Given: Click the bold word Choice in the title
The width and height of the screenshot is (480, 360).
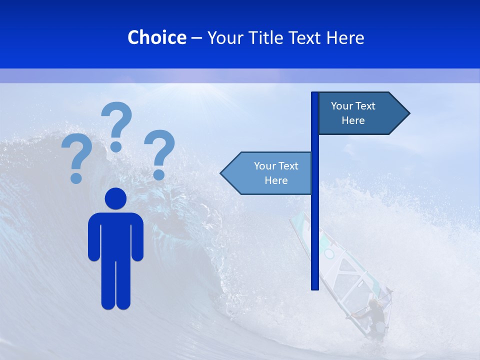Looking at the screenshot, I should point(156,37).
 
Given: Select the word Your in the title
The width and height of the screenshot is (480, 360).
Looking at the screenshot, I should point(225,37).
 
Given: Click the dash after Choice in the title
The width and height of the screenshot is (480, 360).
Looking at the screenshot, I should point(196,38).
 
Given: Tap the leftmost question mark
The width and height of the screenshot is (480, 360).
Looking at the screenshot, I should point(76,158).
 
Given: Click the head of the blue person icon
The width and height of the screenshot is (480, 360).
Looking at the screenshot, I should point(115,198).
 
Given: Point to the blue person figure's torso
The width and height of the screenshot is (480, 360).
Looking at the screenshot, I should point(115,235).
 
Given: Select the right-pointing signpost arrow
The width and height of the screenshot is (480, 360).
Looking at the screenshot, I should point(360,113).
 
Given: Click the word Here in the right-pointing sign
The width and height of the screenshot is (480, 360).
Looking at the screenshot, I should point(353,120).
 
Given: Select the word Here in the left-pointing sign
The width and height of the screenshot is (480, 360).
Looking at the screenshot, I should point(276,180).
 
